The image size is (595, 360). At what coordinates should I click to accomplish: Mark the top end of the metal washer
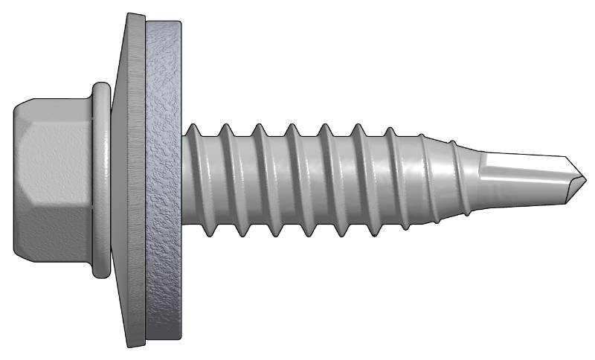134,16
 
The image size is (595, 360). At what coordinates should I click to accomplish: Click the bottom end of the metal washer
134,344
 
